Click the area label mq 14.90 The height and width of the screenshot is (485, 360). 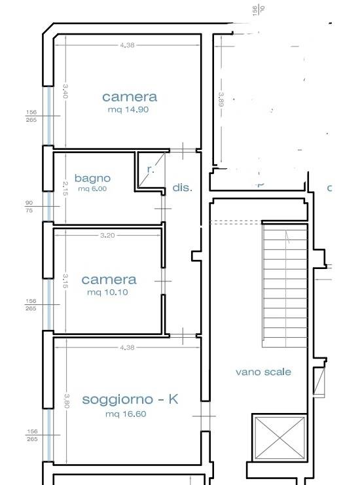(x=128, y=110)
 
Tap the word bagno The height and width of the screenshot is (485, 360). (x=92, y=178)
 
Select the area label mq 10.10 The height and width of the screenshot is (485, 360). (x=107, y=293)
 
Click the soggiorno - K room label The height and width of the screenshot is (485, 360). (x=130, y=399)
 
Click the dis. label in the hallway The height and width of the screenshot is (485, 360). (x=183, y=188)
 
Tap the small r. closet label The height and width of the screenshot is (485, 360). (x=151, y=170)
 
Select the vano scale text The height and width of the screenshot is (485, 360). (x=263, y=372)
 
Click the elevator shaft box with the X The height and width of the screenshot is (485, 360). (x=279, y=437)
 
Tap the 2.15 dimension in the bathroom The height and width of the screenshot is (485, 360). (x=65, y=188)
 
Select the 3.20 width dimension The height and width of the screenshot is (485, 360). (x=107, y=235)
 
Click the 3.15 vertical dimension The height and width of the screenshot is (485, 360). (x=65, y=281)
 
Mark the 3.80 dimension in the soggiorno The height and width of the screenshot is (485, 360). (x=66, y=399)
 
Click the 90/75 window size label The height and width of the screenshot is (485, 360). (x=29, y=207)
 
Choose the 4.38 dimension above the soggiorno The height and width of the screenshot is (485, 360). (x=127, y=348)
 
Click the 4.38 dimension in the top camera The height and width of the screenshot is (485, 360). (x=127, y=45)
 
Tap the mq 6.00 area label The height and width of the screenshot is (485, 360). (x=92, y=189)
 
